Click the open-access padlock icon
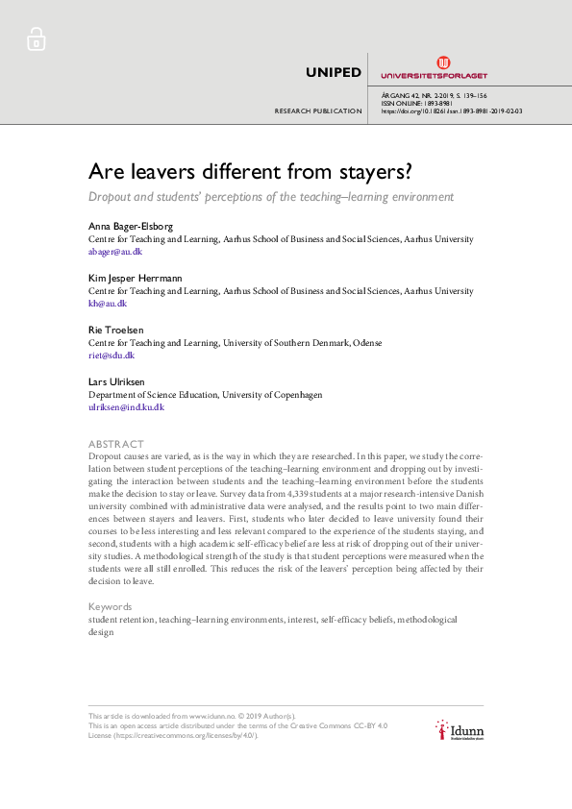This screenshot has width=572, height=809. coord(36,39)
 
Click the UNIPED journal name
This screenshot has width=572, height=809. coord(333,72)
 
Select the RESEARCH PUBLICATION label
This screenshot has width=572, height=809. coord(318,111)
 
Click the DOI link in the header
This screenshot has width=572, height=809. coord(452,111)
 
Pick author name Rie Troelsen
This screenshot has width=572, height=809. coord(115,330)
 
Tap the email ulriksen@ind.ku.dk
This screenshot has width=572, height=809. coord(127,406)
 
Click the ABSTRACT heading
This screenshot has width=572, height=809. coord(116,444)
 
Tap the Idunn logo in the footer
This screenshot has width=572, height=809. coord(459,732)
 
